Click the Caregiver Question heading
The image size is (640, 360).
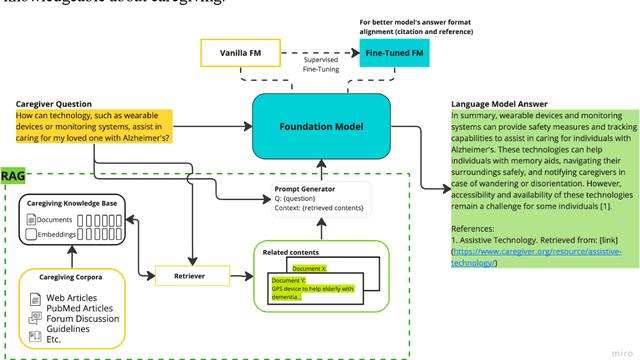click(54, 104)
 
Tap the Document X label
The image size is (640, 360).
click(309, 268)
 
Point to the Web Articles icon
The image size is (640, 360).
click(36, 299)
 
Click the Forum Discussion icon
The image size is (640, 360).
click(36, 320)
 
